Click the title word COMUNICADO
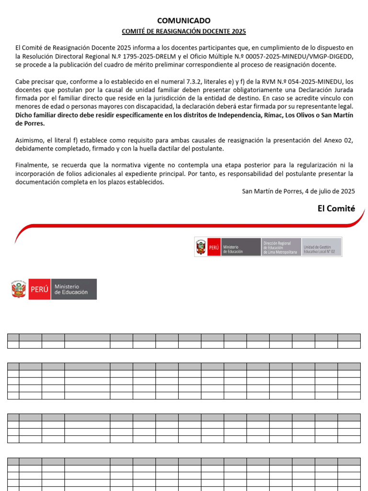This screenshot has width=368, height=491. pos(184,21)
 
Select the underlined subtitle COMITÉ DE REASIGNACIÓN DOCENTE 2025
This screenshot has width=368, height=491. pos(184,32)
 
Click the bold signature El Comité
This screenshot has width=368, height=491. pos(336,208)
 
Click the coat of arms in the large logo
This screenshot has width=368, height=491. pos(19,290)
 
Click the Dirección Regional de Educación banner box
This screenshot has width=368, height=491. pos(281,247)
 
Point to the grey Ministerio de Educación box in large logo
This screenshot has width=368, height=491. pos(74,290)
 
